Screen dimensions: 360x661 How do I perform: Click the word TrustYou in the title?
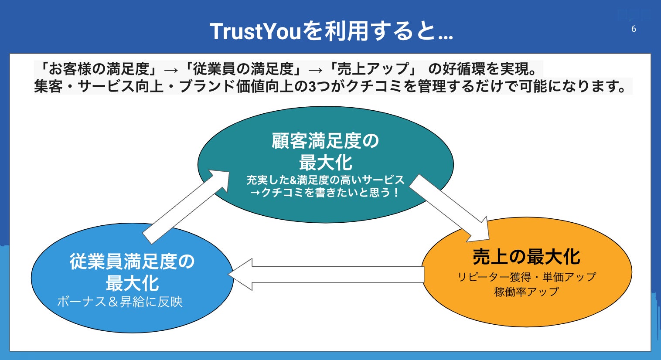coord(256,31)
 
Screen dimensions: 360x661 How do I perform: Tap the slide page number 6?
coord(634,29)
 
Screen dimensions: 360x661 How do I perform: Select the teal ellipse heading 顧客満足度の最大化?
coord(325,152)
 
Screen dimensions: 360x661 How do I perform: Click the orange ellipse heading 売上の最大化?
coord(526,257)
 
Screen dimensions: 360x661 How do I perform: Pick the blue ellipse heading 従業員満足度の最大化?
coord(132,272)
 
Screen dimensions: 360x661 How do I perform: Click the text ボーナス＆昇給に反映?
coord(120,302)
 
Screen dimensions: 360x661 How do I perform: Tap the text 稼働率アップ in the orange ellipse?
coord(526,292)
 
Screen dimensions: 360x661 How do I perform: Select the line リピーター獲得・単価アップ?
coord(526,277)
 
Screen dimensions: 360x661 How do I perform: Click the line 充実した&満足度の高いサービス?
coord(325,180)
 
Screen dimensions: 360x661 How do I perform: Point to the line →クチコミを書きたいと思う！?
coord(325,192)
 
